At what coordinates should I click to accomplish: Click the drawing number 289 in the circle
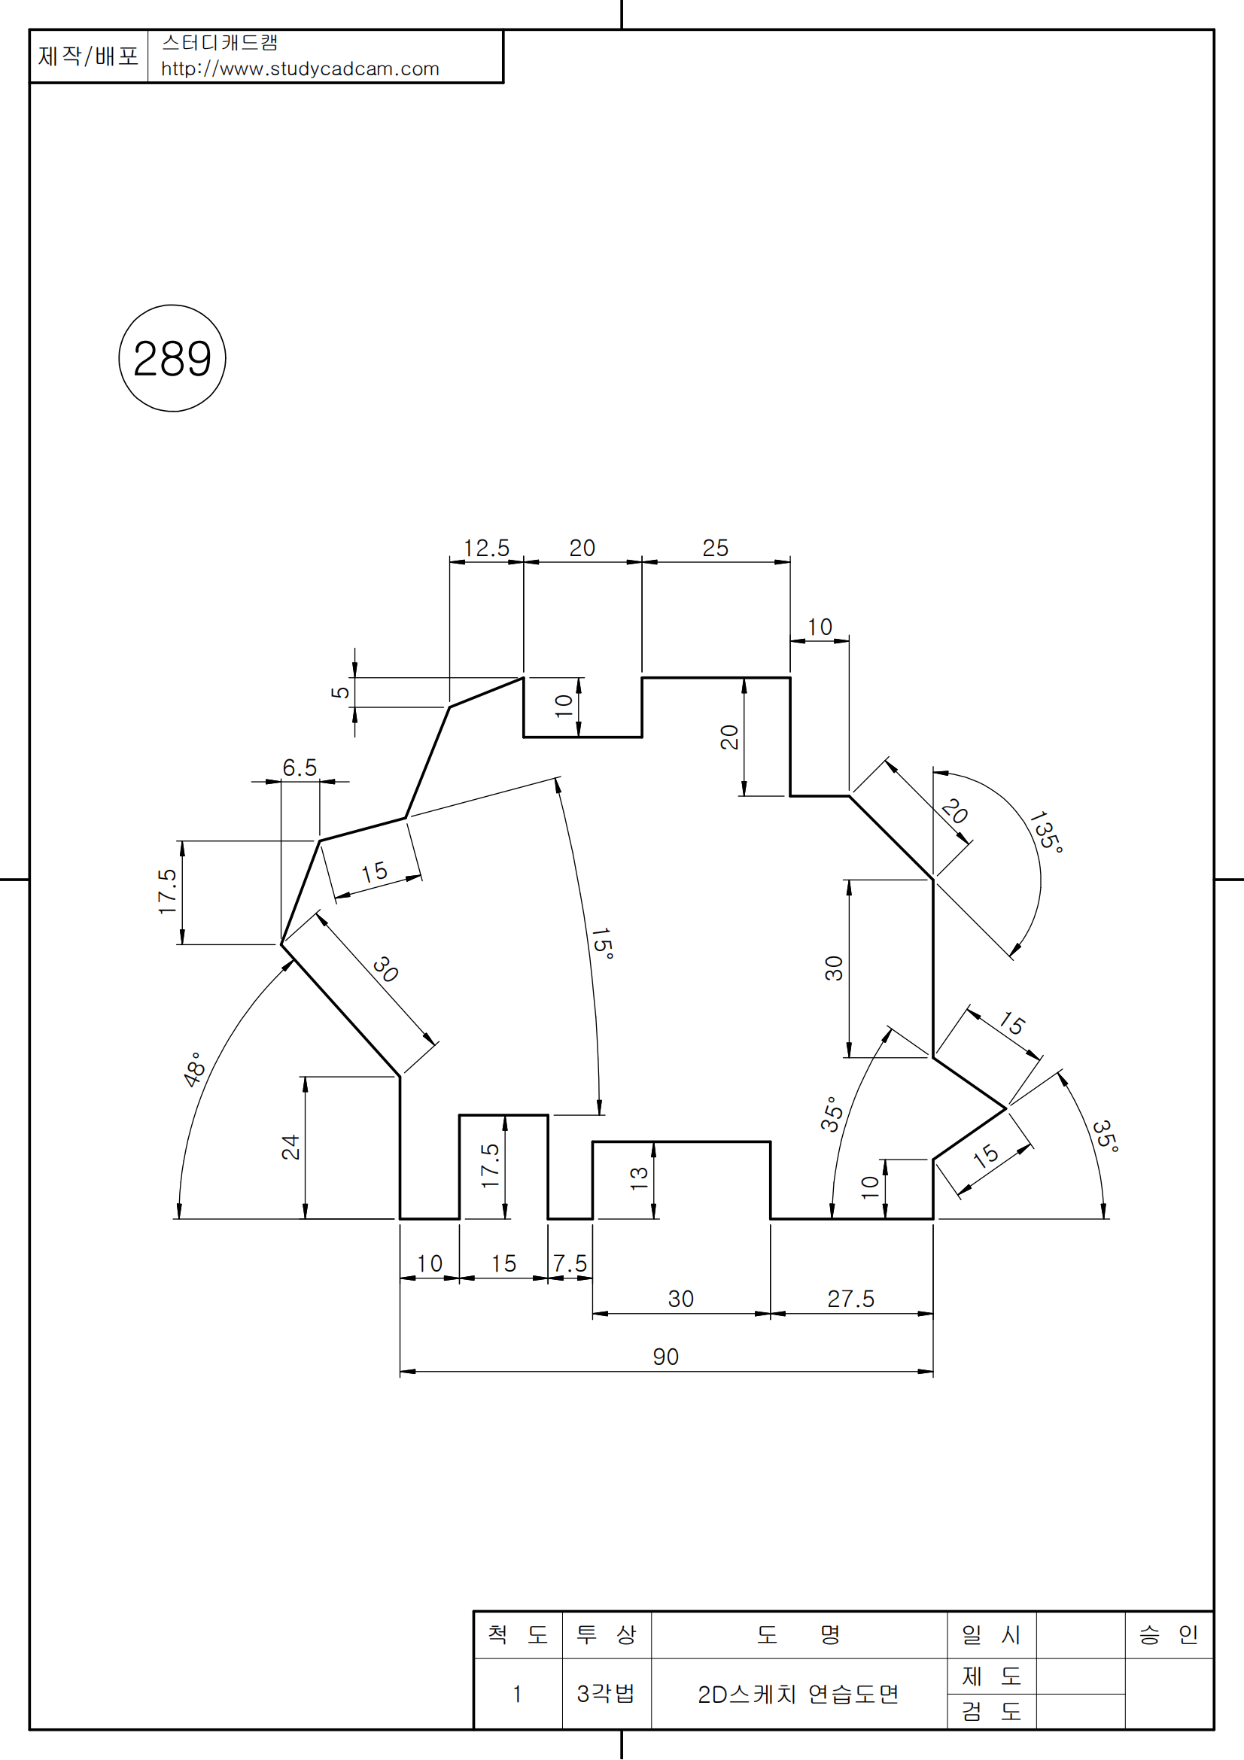tap(172, 359)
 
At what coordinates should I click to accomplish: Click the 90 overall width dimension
tap(665, 1357)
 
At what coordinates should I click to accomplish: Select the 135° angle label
tap(1045, 831)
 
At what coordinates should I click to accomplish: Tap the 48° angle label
tap(195, 1069)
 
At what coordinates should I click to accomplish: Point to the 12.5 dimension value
tap(486, 548)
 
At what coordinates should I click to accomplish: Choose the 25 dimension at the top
tap(715, 548)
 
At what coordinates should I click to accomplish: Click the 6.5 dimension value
tap(300, 768)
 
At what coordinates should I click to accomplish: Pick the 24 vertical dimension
tap(290, 1147)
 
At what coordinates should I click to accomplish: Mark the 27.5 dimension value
tap(851, 1299)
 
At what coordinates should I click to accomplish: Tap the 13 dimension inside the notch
tap(639, 1178)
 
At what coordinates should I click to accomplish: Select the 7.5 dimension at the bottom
tap(570, 1263)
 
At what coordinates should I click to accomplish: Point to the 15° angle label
tap(603, 944)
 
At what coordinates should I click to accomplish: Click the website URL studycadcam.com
tap(300, 69)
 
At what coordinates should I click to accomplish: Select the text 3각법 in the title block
tap(606, 1693)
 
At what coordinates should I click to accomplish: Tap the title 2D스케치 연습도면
tap(798, 1694)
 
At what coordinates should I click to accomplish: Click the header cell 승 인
tap(1168, 1635)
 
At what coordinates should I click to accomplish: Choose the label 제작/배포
tap(88, 56)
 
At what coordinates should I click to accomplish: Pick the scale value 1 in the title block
tap(517, 1694)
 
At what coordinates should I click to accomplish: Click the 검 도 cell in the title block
tap(991, 1711)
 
